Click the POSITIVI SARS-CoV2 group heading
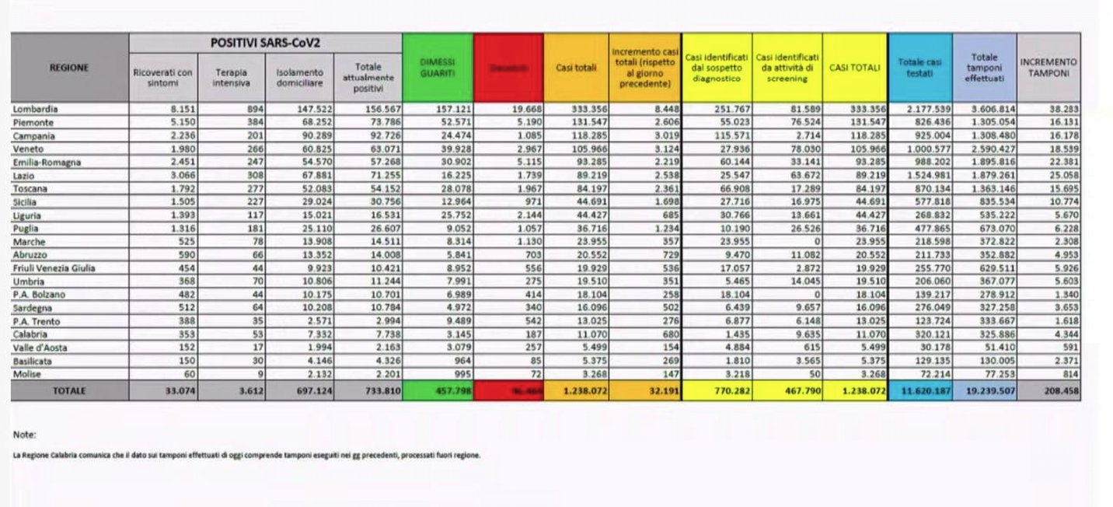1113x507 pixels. (266, 42)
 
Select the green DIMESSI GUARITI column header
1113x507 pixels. (438, 67)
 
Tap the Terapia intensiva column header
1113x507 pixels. (232, 76)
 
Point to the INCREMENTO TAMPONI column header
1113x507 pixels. (1048, 67)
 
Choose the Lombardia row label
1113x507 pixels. (36, 110)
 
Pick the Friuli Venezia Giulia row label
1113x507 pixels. (54, 268)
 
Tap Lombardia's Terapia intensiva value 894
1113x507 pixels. (256, 110)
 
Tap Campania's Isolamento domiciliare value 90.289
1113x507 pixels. (316, 136)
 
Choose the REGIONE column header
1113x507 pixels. (69, 68)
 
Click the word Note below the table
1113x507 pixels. (24, 435)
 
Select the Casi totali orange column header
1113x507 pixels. (576, 68)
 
